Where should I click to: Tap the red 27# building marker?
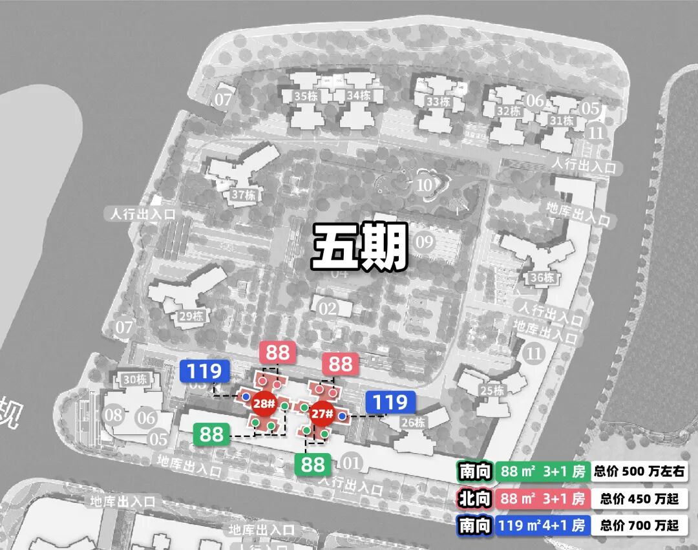321,414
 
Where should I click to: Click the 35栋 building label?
304,96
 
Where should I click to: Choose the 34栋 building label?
358,96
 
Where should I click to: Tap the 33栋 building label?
438,101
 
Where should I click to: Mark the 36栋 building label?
542,278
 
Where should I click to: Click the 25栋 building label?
492,390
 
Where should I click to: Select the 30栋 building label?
135,379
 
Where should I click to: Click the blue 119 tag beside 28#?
204,372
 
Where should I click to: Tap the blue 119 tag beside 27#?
390,403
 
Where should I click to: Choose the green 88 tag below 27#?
313,464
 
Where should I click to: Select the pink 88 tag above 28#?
278,353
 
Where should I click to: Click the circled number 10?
425,185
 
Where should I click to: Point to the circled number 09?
425,243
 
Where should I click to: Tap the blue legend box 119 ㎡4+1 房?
542,525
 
